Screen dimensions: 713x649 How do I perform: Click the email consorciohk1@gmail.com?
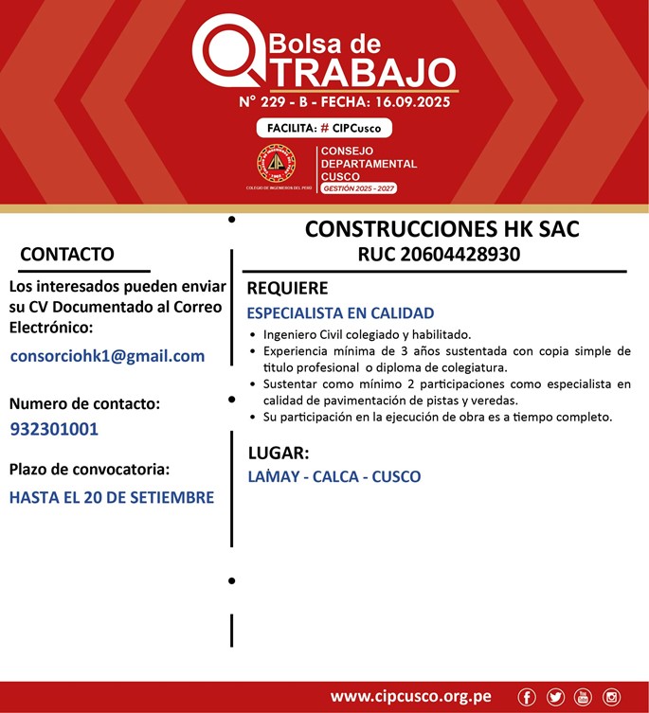107,356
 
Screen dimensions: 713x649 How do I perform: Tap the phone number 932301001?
54,429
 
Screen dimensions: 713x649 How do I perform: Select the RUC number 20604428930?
439,254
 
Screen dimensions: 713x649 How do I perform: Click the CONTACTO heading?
67,254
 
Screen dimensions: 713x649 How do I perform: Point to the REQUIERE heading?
287,288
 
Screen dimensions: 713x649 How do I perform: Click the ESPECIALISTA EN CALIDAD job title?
340,312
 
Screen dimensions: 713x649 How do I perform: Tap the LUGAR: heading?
278,452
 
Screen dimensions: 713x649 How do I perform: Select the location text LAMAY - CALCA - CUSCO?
334,476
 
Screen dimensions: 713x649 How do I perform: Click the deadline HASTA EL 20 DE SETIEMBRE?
112,497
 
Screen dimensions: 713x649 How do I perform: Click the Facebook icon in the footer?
527,697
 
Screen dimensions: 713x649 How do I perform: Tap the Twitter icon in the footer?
555,697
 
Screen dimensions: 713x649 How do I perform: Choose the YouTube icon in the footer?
583,697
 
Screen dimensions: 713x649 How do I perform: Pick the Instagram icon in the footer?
611,697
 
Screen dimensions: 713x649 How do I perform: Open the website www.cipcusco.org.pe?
410,697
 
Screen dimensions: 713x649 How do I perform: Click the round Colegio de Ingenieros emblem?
277,164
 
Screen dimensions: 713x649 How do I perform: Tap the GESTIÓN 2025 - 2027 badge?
358,188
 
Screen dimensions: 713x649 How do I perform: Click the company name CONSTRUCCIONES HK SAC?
442,229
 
